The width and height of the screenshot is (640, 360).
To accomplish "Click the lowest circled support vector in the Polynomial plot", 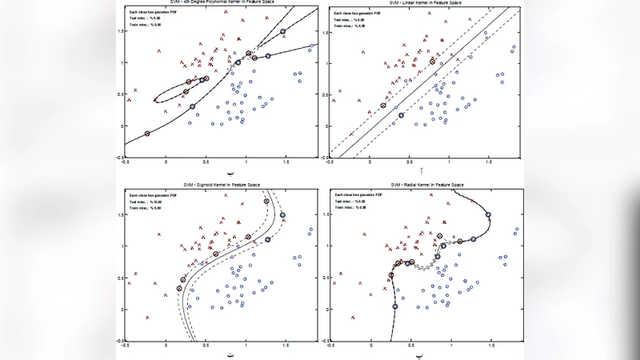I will (x=147, y=134).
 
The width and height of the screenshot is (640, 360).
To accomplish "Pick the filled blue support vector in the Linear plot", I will (x=402, y=115).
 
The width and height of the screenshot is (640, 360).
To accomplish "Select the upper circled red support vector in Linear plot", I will (x=433, y=60).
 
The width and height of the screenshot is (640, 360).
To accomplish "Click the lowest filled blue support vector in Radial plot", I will (x=394, y=306).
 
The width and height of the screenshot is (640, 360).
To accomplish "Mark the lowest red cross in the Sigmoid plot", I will (x=147, y=318).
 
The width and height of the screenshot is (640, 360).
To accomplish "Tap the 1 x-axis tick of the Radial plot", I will (x=451, y=346).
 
